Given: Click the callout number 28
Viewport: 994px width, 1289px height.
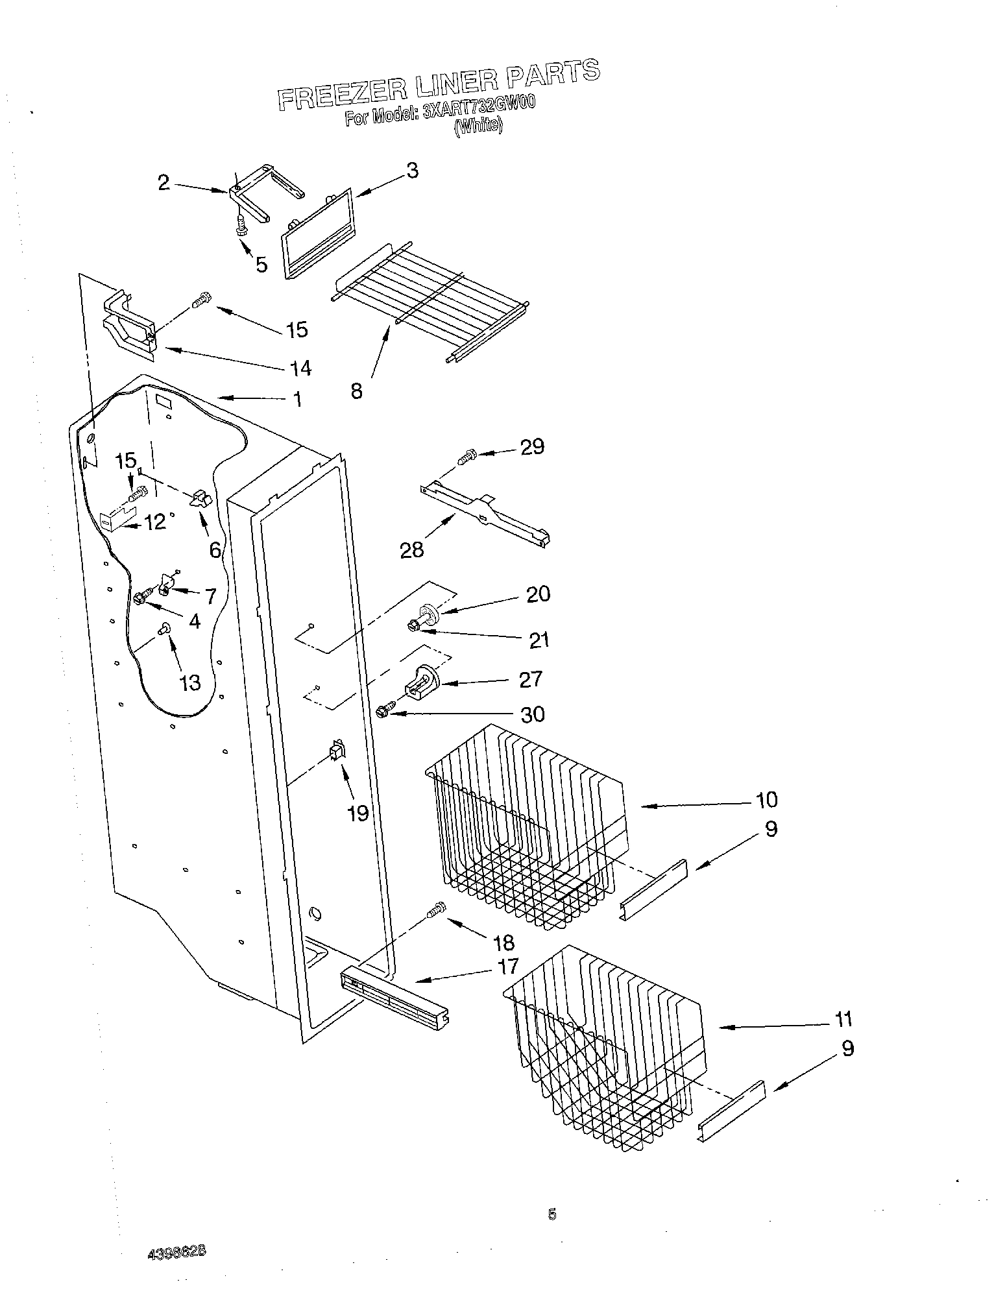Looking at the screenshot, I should pos(412,549).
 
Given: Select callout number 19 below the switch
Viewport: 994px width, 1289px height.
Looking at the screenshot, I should pos(358,812).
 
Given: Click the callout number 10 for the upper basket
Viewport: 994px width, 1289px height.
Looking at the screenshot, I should pos(766,799).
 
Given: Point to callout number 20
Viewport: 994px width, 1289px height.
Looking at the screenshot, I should pos(538,594).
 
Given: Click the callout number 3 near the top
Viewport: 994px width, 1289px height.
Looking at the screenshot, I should pos(412,171).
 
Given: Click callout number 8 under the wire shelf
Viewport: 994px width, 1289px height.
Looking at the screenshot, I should pos(356,391).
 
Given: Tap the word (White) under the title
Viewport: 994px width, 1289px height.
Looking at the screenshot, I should pos(479,126).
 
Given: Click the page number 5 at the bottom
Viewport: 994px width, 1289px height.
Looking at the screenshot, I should pos(552,1214).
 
